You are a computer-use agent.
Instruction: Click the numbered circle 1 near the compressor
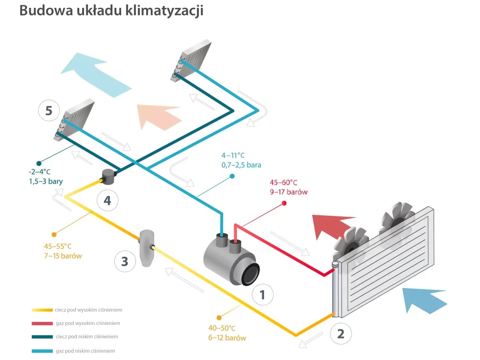[262, 294]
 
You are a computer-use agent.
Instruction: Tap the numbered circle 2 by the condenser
[340, 333]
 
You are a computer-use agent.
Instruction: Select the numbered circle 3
[124, 261]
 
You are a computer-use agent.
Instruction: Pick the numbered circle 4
[108, 200]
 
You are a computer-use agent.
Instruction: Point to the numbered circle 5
[49, 111]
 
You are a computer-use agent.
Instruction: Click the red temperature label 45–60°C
[283, 182]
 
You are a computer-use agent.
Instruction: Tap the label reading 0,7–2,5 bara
[241, 165]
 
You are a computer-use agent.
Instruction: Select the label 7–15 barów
[63, 256]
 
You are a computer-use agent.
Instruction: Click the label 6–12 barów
[227, 338]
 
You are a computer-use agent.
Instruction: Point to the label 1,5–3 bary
[46, 181]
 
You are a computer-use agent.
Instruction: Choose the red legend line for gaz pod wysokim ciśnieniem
[42, 323]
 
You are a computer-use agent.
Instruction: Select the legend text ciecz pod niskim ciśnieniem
[87, 336]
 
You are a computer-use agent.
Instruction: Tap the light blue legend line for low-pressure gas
[42, 351]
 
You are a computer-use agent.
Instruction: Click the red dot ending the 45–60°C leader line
[284, 203]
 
